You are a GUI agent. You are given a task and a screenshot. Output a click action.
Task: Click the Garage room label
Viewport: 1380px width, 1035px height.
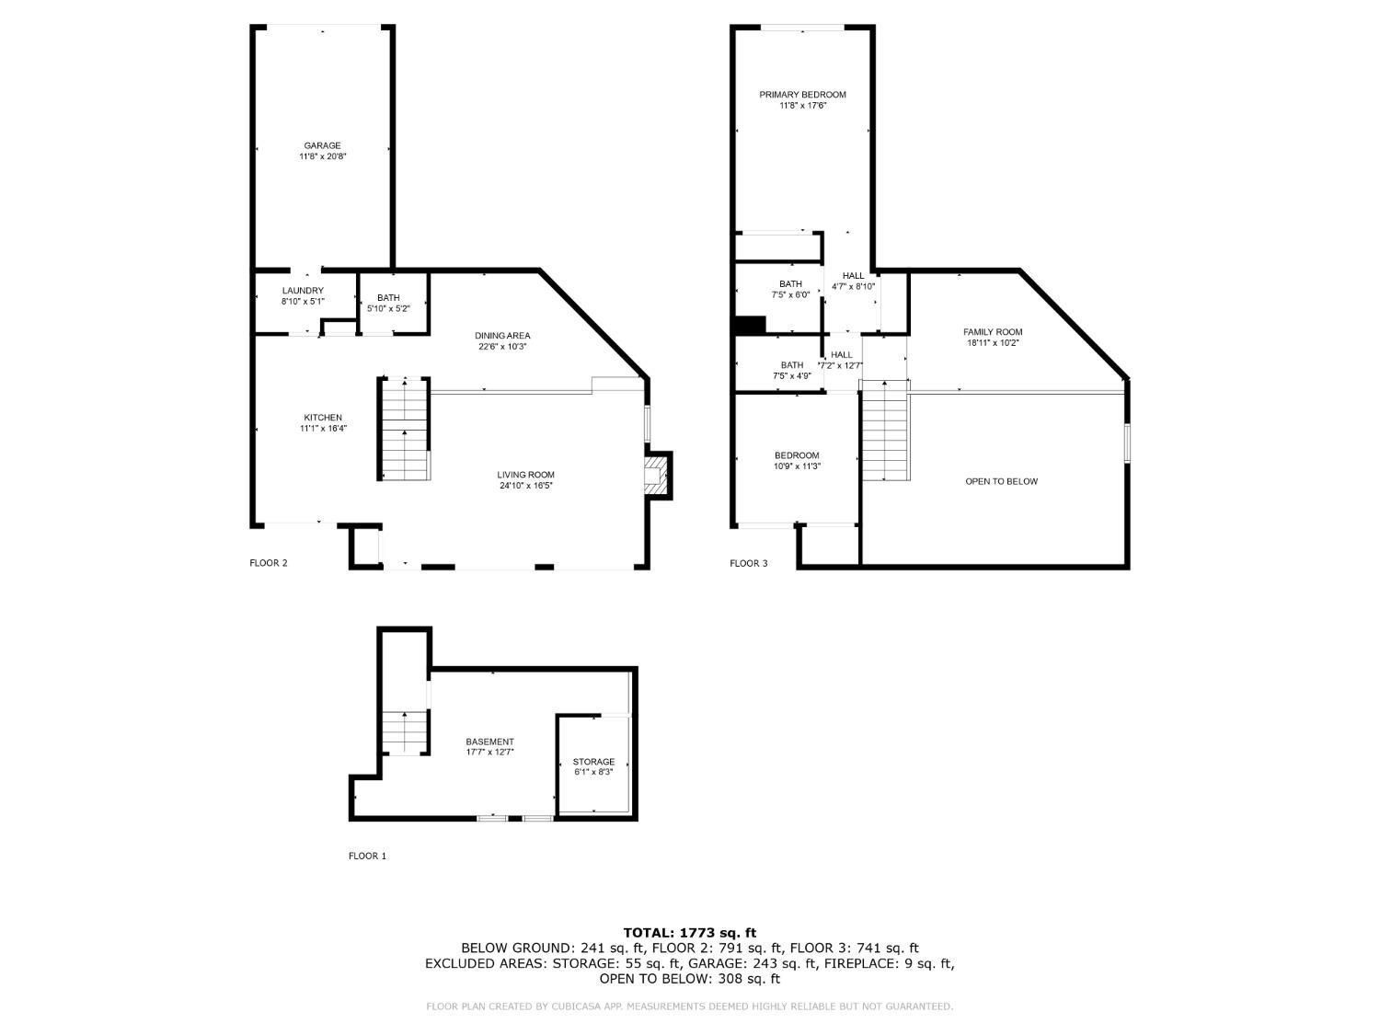coord(322,145)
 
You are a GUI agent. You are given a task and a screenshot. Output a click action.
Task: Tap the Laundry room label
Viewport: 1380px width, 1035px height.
coord(303,291)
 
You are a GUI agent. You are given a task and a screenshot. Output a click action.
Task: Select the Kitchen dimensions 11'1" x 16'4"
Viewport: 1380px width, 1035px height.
coord(322,428)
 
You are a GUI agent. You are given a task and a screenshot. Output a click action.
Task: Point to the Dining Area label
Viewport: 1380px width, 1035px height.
coord(502,335)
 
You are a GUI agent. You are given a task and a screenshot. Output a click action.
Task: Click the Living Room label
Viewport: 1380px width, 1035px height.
coord(526,475)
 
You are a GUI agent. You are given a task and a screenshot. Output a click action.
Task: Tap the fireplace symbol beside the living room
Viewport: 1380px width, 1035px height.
coord(655,475)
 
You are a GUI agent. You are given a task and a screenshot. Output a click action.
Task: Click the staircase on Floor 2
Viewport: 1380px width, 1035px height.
coord(405,429)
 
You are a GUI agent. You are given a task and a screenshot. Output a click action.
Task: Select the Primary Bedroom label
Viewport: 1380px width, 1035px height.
coord(802,95)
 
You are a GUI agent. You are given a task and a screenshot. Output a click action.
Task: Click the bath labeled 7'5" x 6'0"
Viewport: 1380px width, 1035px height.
coord(790,289)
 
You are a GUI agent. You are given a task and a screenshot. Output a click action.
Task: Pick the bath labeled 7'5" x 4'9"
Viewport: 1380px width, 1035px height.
coord(790,370)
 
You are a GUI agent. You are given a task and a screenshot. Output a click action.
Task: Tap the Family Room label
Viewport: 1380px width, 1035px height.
coord(993,332)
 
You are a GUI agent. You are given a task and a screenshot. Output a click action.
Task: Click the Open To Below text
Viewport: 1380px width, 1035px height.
coord(1001,481)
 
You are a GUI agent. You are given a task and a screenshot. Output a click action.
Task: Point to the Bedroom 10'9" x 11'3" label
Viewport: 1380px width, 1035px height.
coord(797,460)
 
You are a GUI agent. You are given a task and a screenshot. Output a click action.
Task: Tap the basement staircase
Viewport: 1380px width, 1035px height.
coord(405,732)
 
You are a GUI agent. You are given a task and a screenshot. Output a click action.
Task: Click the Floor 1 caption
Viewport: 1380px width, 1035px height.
coord(367,856)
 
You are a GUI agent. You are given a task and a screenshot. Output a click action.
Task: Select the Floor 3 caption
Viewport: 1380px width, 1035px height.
coord(748,563)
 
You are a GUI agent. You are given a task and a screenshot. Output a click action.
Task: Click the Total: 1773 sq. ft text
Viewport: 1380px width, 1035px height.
coord(689,933)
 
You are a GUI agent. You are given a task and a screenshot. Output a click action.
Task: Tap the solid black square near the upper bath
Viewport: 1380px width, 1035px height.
coord(751,325)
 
